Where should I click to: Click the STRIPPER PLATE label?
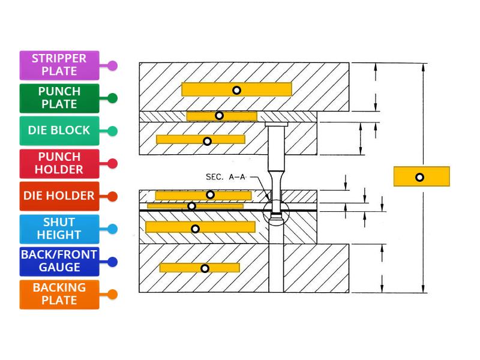(x=59, y=65)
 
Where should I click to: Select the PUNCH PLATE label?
(x=59, y=98)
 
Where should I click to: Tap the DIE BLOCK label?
(x=59, y=130)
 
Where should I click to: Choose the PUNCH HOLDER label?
(x=59, y=163)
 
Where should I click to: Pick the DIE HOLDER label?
(x=59, y=196)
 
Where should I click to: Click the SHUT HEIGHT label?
(x=59, y=229)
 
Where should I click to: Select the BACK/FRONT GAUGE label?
(x=59, y=261)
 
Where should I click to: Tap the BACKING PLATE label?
(x=59, y=294)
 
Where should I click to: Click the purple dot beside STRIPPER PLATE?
(x=112, y=65)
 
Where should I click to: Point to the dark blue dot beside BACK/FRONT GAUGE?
(x=112, y=262)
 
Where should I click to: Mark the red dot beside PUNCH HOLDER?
(x=112, y=163)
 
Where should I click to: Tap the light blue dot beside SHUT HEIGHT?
(x=112, y=229)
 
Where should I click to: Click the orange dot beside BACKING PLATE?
(x=112, y=294)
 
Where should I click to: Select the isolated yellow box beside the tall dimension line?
(x=421, y=177)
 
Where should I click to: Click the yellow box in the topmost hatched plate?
(x=236, y=90)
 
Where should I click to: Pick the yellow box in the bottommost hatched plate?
(x=200, y=268)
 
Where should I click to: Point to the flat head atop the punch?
(x=276, y=124)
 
